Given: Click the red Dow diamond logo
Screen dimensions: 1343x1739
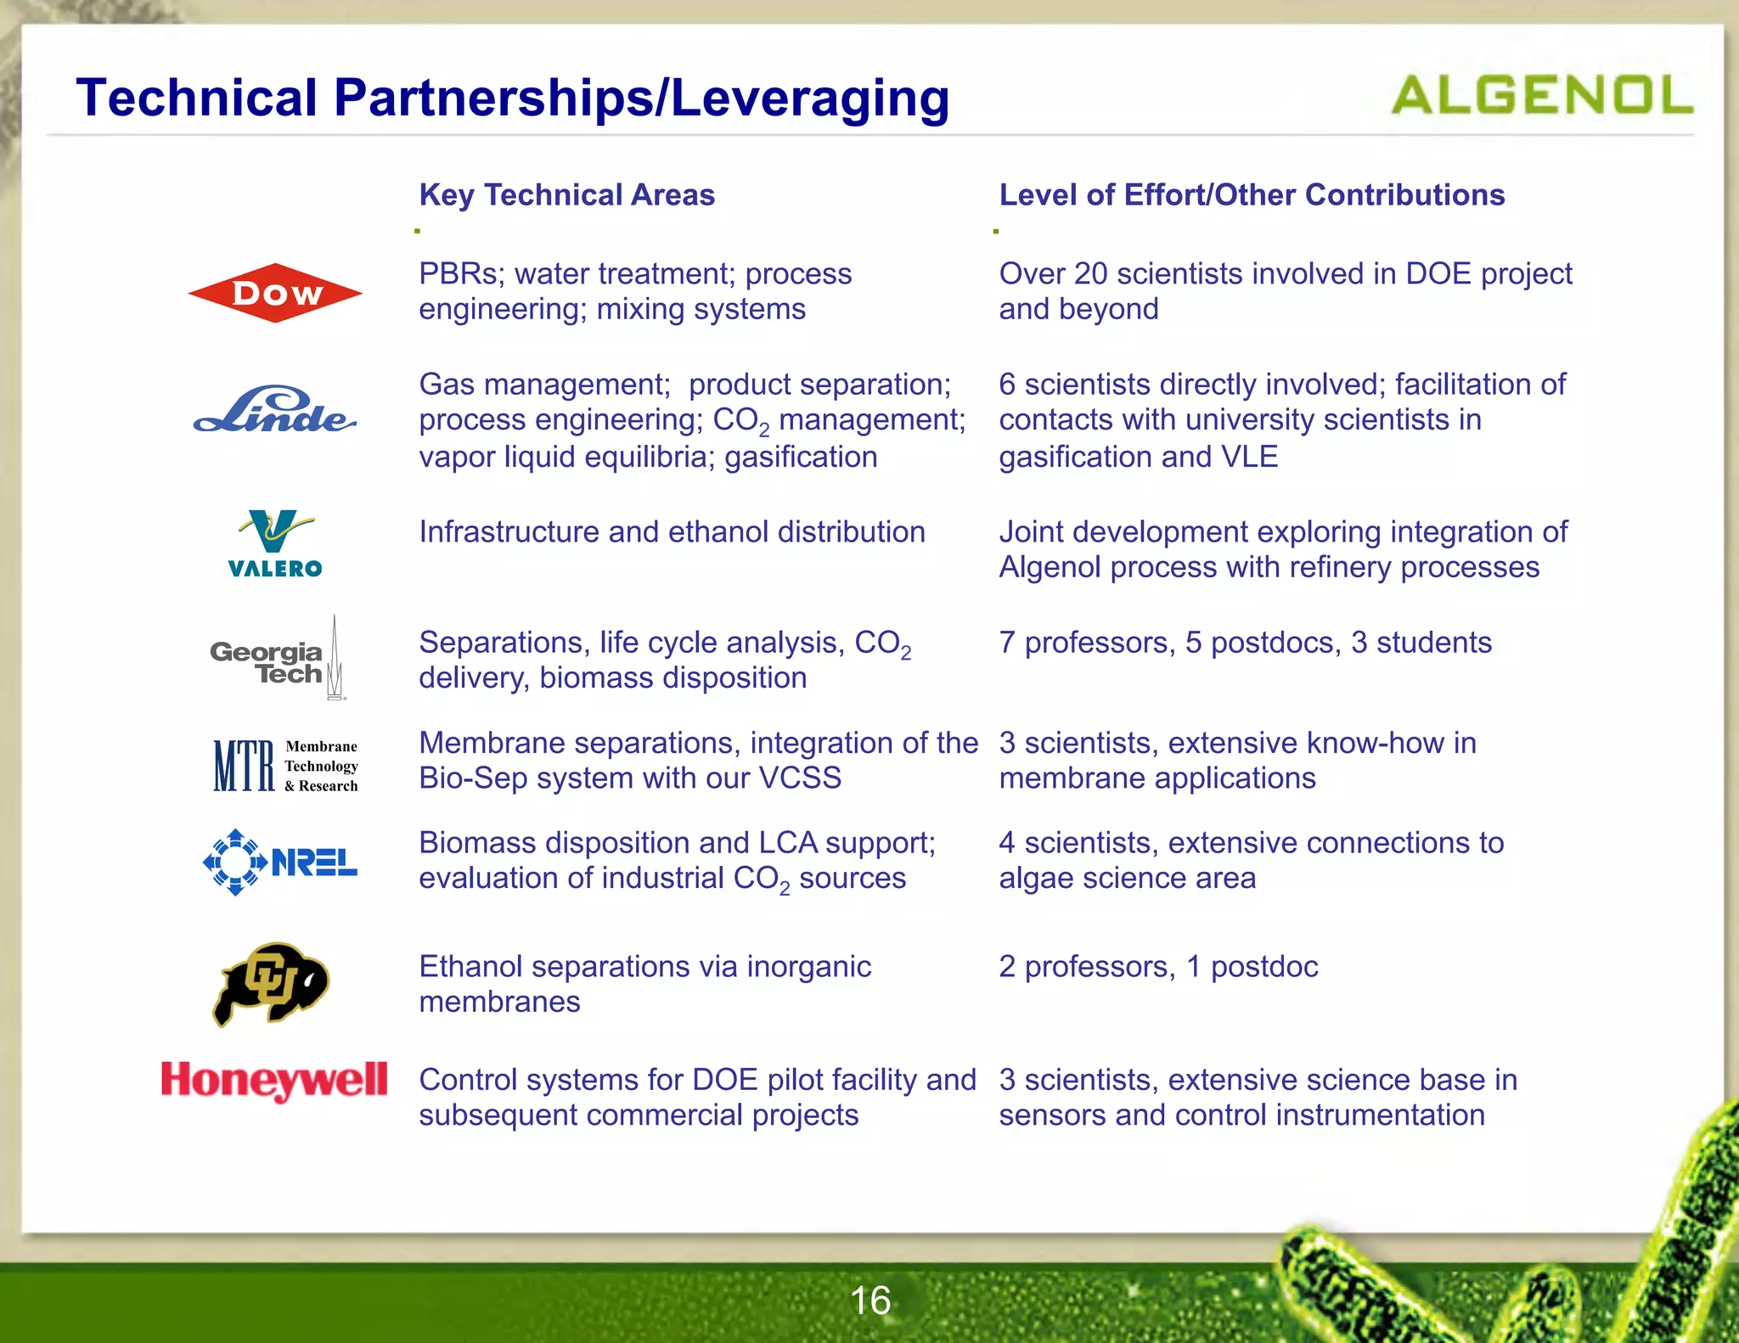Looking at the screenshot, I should point(275,293).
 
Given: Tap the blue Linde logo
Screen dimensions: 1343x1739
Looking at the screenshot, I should point(274,411).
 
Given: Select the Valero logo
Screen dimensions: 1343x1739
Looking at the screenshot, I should point(275,544).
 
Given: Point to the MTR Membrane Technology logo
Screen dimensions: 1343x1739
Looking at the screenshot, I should point(285,765).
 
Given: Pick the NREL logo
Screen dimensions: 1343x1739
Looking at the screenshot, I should point(280,862).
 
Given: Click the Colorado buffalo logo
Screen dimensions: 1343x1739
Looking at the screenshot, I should point(271,983).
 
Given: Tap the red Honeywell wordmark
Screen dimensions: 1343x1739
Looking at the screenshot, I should point(274,1081).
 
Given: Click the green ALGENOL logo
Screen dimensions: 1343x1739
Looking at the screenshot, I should point(1541,95).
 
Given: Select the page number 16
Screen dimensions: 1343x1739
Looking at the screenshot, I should point(870,1301).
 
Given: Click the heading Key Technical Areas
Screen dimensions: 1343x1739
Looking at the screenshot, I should point(567,195).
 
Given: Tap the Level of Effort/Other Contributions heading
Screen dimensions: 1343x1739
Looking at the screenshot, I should point(1252,195).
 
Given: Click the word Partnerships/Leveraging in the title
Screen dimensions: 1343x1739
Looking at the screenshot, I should point(642,98).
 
